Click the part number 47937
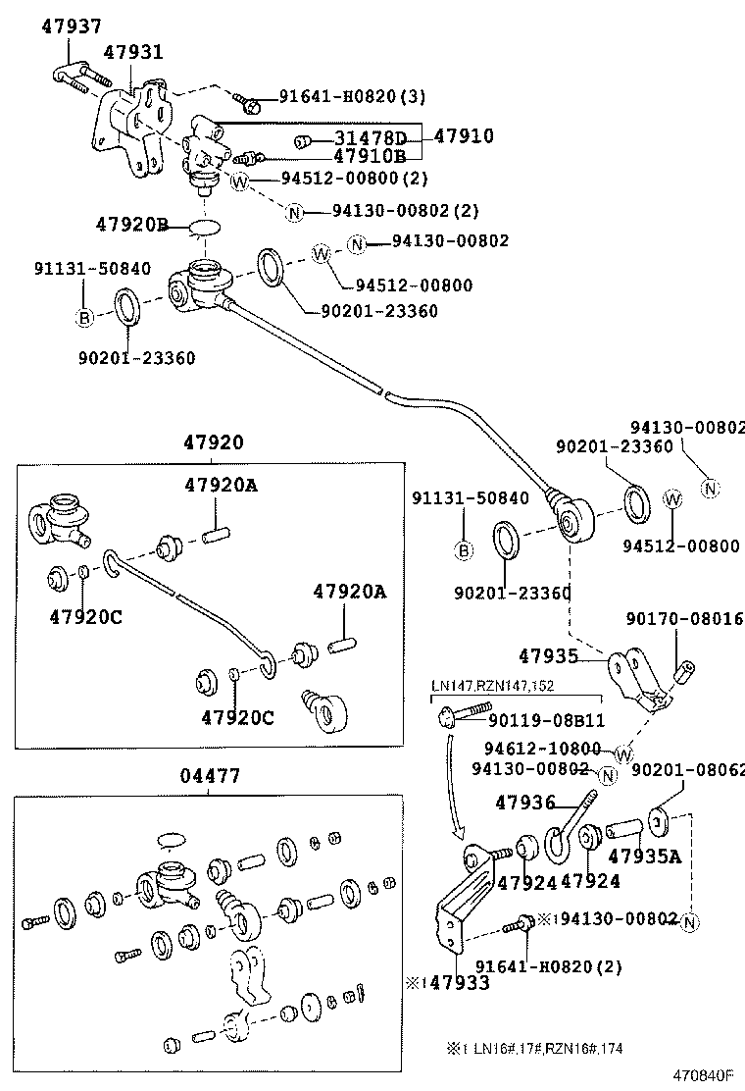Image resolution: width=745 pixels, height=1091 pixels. pos(72,27)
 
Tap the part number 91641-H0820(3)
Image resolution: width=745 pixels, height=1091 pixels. pos(352,96)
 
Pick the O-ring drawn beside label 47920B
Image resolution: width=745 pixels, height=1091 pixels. pos(203,227)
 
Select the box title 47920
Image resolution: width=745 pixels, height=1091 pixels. pos(213,443)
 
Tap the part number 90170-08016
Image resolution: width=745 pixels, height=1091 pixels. pos(684,619)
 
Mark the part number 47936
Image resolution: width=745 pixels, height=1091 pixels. pos(524,803)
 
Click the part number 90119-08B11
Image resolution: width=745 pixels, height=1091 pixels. pos(547,721)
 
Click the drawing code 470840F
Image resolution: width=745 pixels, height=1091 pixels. pos(703,1074)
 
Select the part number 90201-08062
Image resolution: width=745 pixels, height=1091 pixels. pos(689,769)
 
